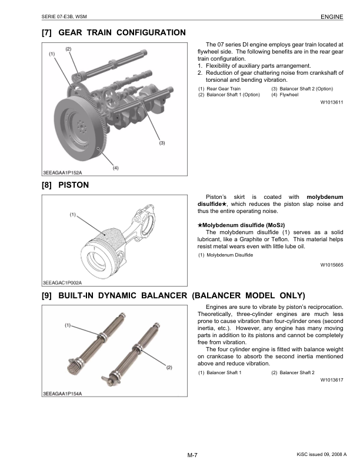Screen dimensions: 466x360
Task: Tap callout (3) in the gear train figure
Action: click(x=162, y=143)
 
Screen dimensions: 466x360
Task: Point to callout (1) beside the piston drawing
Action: click(x=73, y=214)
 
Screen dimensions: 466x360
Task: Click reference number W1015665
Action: click(x=332, y=265)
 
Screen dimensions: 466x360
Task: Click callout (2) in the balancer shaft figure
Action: click(x=169, y=368)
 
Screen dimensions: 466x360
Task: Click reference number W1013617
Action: click(x=332, y=380)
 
